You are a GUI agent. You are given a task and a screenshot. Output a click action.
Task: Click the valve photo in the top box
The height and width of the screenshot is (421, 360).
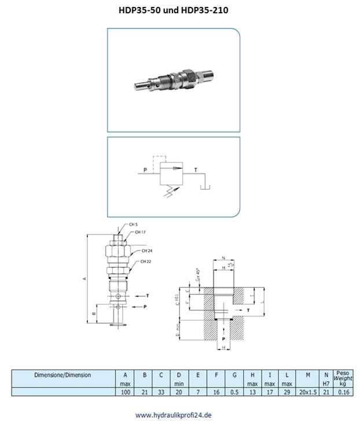[x=173, y=80]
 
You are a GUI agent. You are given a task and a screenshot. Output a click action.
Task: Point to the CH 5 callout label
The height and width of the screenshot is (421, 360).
[x=133, y=224]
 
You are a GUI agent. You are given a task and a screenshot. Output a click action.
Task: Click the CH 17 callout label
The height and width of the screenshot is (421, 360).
[x=139, y=232]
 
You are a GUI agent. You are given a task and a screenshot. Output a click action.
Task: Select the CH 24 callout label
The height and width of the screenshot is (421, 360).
[x=146, y=251]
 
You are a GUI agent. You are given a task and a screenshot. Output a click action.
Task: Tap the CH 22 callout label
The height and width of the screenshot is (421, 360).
[x=145, y=261]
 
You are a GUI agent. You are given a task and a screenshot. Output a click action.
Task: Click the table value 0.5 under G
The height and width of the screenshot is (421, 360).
[x=234, y=392]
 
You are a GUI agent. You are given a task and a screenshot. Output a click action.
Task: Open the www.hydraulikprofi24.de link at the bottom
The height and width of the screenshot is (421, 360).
[x=173, y=415]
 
